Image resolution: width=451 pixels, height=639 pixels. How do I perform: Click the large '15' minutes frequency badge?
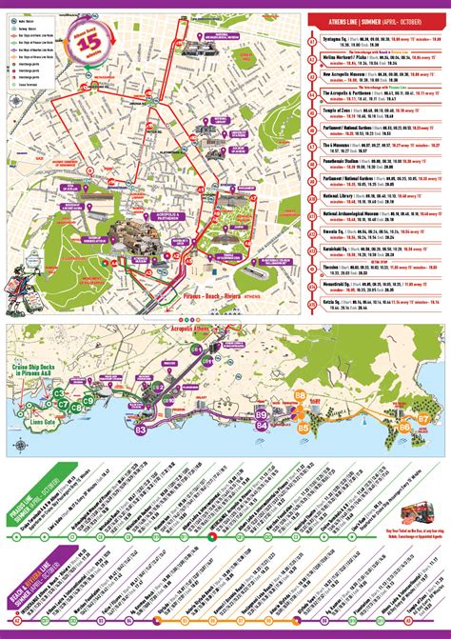91,44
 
